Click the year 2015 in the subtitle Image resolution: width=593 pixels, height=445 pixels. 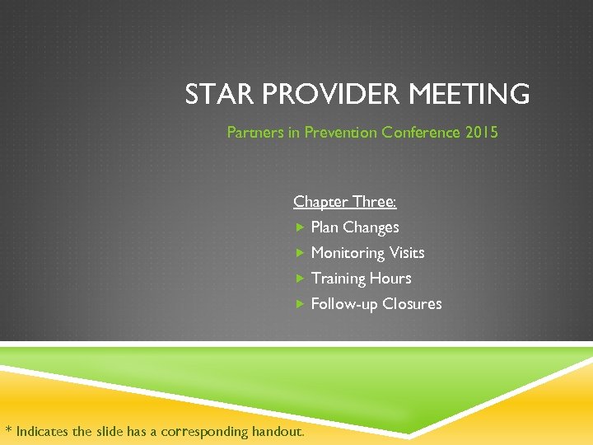[481, 132]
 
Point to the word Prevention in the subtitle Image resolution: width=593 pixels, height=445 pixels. [341, 132]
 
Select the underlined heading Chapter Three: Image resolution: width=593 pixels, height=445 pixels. [345, 202]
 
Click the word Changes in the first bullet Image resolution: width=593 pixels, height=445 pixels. [371, 227]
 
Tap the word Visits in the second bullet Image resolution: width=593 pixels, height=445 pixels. [407, 253]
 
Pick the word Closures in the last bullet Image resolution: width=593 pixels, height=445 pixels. [412, 304]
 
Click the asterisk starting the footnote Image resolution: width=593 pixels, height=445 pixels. [8, 429]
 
